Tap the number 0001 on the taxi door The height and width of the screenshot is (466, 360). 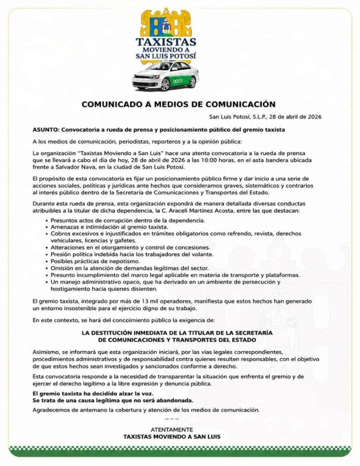click(178, 81)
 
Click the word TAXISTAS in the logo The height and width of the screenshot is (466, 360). click(166, 42)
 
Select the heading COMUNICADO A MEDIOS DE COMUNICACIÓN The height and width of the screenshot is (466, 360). click(179, 104)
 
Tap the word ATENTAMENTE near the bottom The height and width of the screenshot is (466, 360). click(172, 430)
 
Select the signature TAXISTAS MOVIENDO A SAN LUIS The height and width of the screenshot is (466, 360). click(172, 437)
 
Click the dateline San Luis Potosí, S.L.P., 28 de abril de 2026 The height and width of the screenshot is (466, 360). click(265, 117)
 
